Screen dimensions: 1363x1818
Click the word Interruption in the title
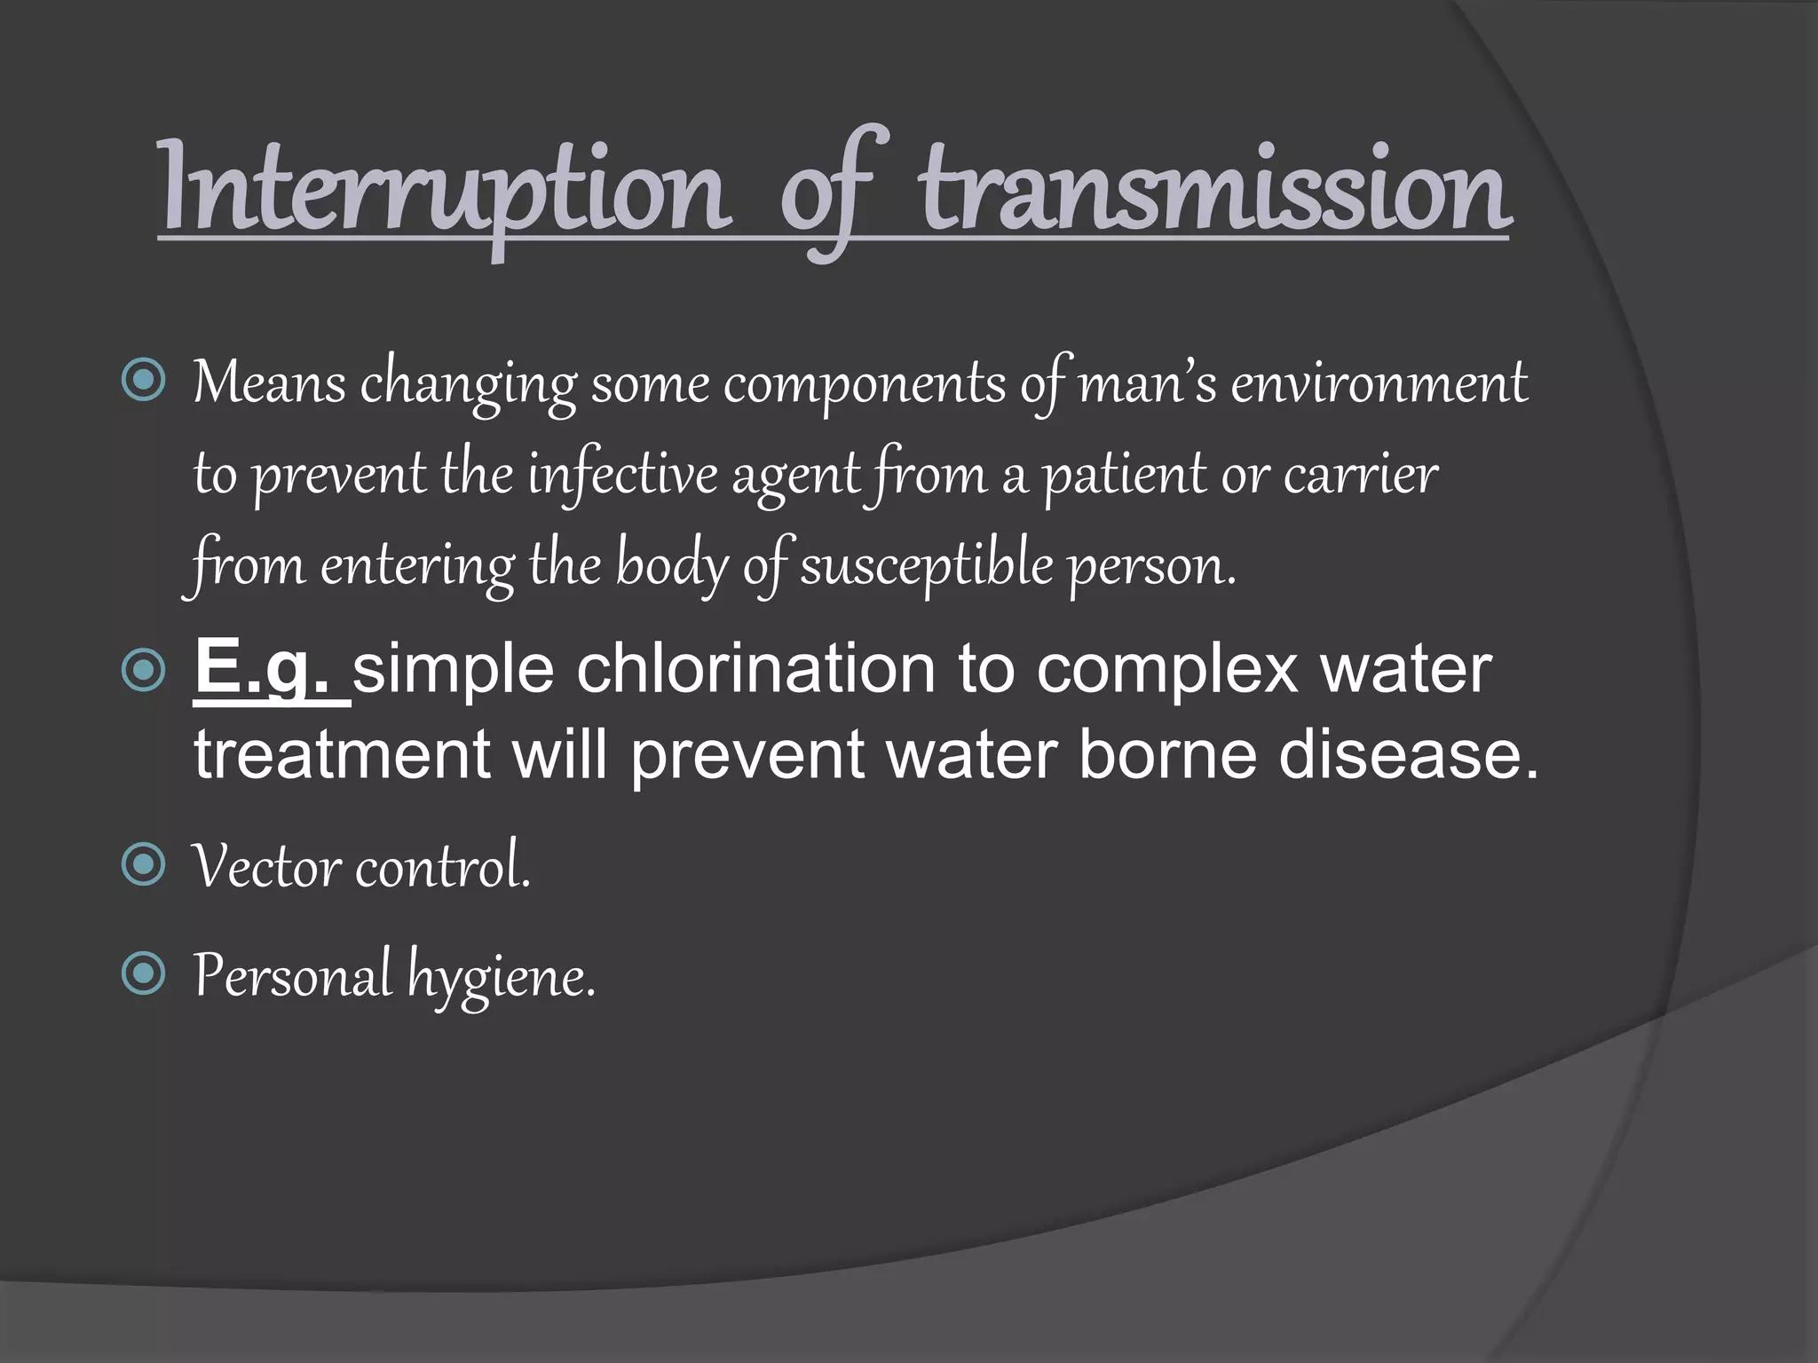click(x=444, y=191)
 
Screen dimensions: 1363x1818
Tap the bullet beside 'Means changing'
click(x=143, y=381)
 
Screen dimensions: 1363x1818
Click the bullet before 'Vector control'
click(x=143, y=864)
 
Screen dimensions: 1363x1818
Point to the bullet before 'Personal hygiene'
click(x=143, y=973)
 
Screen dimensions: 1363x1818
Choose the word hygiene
click(x=501, y=976)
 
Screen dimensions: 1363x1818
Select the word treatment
click(x=343, y=755)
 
